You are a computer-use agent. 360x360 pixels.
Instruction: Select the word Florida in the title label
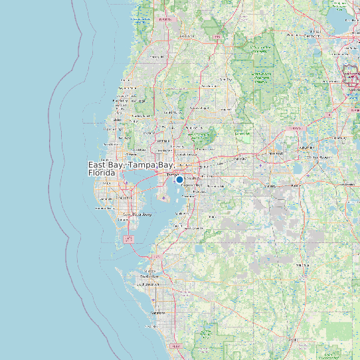click(x=102, y=173)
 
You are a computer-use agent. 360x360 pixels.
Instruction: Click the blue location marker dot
click(x=179, y=179)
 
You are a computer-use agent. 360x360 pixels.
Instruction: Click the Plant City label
click(x=240, y=159)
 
